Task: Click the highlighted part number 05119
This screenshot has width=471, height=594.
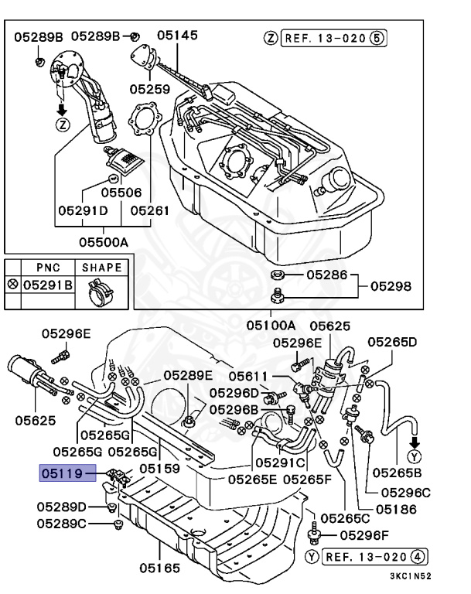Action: coord(67,470)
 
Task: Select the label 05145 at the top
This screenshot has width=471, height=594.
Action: coord(177,35)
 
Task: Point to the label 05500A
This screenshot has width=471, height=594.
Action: coord(103,241)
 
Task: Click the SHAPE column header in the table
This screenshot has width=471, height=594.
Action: coord(102,268)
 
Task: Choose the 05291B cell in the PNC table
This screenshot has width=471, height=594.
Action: coord(47,285)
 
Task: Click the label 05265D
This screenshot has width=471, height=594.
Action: coord(391,341)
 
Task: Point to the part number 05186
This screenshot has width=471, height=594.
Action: coord(396,509)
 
